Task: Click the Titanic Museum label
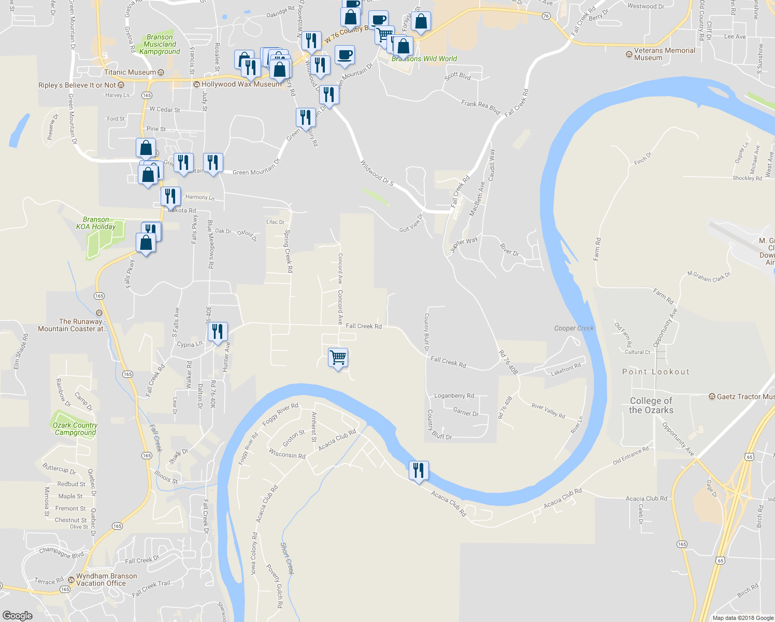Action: coord(130,73)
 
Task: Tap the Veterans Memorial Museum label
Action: coord(664,54)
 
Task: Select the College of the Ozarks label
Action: coord(651,405)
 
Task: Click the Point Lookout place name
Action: coord(656,372)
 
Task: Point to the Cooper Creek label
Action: coord(574,328)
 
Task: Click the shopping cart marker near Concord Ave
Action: coord(338,358)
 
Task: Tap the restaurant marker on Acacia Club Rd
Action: coord(419,471)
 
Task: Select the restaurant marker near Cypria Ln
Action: coord(218,332)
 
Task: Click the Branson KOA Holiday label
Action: coord(96,223)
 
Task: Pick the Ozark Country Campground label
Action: coord(75,429)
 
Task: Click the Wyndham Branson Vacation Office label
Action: coord(106,579)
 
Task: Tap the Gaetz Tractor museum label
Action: coord(745,397)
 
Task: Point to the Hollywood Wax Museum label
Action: coord(241,84)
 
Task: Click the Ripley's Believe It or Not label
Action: coord(77,85)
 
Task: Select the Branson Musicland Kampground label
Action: coord(160,45)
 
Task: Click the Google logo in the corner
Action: coord(18,615)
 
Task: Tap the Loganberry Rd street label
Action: coord(454,395)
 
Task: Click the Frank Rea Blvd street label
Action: coord(480,107)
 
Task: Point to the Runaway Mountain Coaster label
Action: coord(73,325)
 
